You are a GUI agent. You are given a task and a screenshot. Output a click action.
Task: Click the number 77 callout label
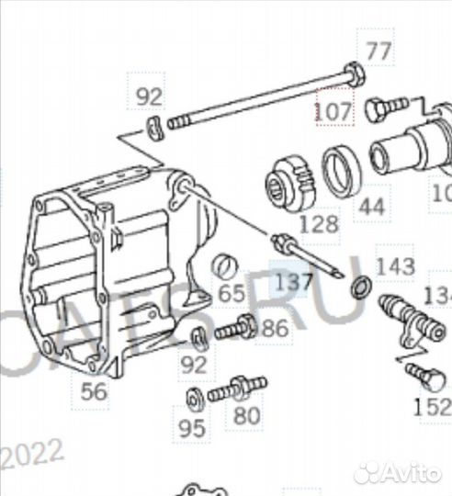[378, 50]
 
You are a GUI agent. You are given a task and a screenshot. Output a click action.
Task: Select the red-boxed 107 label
[333, 111]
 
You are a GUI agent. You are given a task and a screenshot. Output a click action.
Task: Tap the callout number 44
[370, 207]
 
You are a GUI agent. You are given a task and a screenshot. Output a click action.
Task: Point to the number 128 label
[317, 223]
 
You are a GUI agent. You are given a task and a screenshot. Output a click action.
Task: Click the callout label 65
[232, 295]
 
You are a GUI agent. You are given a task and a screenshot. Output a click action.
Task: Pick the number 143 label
[396, 267]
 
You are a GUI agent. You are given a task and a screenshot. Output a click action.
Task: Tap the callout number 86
[274, 328]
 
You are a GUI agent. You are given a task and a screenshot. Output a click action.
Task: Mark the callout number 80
[246, 416]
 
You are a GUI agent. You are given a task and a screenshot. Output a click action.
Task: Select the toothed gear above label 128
[291, 181]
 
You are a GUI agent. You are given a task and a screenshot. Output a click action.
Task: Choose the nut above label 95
[193, 400]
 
